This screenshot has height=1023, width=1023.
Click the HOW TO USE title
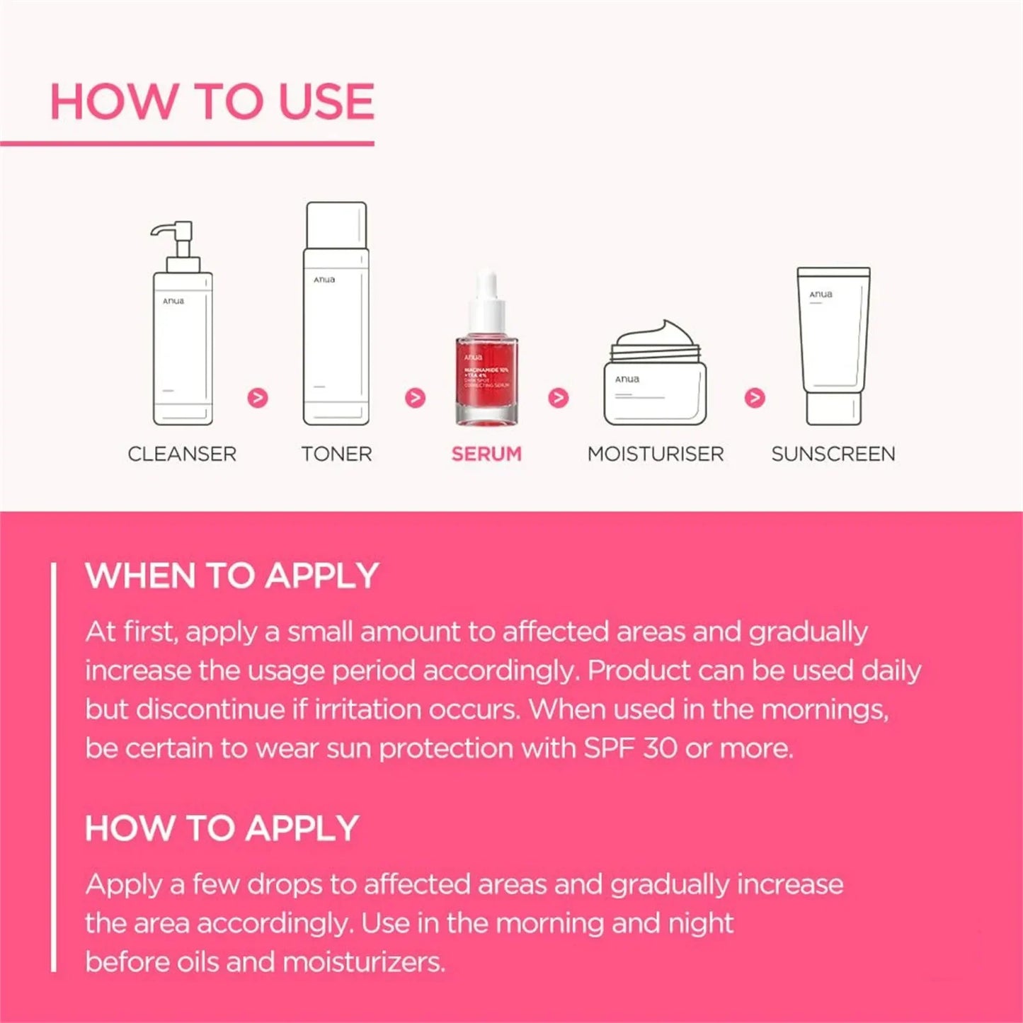coord(212,101)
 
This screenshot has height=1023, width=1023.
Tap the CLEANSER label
coord(182,454)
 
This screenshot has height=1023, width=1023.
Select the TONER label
coord(336,454)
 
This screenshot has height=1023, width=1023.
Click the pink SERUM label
coord(486,454)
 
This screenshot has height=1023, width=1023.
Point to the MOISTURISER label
coord(656,454)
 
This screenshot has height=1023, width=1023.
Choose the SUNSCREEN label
coord(833,454)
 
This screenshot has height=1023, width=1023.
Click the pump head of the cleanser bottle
coord(173,237)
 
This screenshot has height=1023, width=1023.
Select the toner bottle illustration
coord(336,315)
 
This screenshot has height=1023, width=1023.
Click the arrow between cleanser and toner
coord(258,398)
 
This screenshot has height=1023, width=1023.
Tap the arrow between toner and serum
coord(415,398)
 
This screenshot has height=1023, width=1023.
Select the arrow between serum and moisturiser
coord(559,398)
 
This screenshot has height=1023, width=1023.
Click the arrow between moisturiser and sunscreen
coord(755,398)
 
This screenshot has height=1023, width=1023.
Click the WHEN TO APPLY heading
coord(232,576)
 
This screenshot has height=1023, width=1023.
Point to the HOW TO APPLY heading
coord(222,828)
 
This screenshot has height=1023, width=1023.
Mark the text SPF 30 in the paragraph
coord(630,748)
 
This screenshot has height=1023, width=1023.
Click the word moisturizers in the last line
coord(363,962)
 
